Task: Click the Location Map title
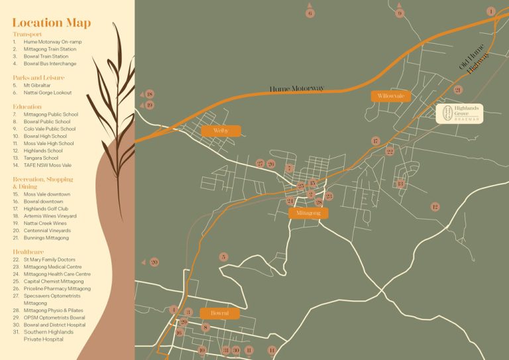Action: [x=51, y=23]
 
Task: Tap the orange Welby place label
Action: [x=221, y=131]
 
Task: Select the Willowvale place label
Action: [x=390, y=96]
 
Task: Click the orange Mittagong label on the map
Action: [x=308, y=213]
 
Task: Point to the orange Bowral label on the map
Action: [x=219, y=313]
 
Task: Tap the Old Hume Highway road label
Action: [x=473, y=60]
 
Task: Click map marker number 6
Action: [x=310, y=13]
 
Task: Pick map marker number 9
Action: [x=399, y=13]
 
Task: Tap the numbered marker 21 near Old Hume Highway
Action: [x=457, y=90]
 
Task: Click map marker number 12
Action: [x=435, y=207]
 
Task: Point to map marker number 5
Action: [x=223, y=257]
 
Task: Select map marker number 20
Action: [x=154, y=262]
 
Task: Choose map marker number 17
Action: [x=375, y=141]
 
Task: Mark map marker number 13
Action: [x=400, y=184]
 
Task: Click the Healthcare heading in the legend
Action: [x=28, y=252]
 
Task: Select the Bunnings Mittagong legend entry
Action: [x=46, y=237]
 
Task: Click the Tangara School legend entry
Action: [x=40, y=158]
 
